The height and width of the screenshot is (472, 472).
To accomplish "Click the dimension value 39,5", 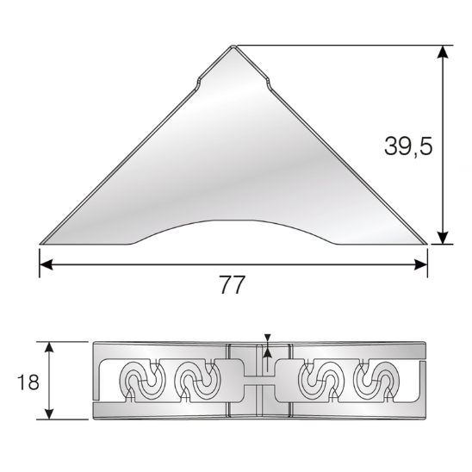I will click(407, 146).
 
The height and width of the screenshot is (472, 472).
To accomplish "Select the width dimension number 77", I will click(232, 285).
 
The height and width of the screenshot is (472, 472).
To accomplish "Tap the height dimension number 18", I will click(28, 382).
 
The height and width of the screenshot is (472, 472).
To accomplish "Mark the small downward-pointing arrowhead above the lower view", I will click(268, 338).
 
